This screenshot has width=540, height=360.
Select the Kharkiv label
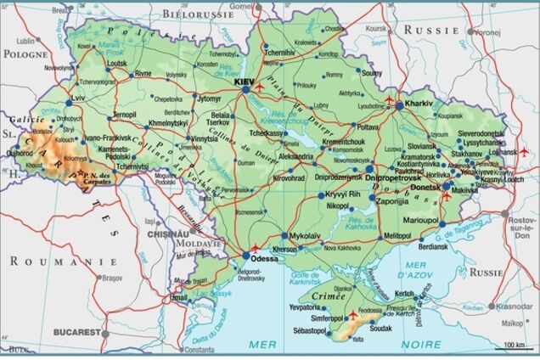click(419, 103)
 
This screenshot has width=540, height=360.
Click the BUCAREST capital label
click(76, 332)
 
